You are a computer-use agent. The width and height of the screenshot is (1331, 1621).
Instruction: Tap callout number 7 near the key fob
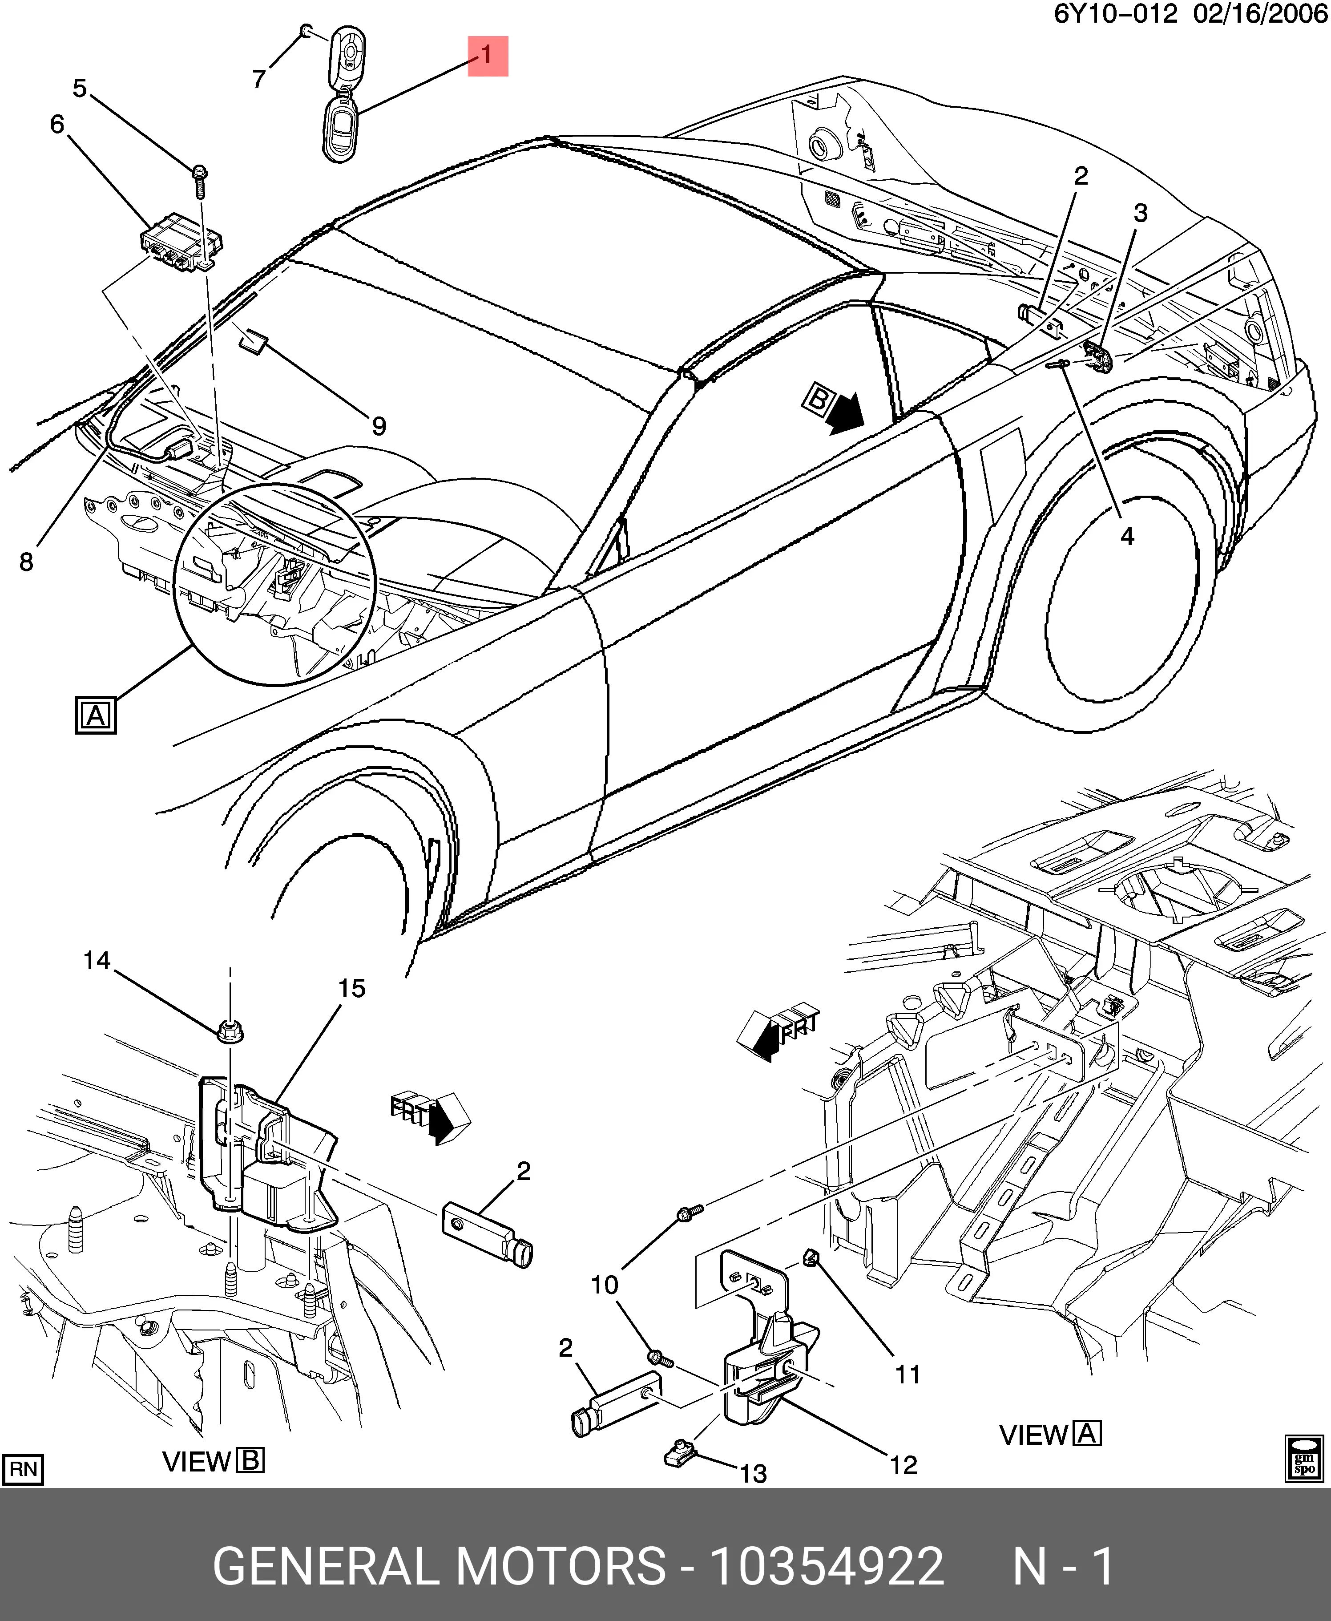(x=259, y=79)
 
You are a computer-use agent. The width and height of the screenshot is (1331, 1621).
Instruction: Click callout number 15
(x=352, y=988)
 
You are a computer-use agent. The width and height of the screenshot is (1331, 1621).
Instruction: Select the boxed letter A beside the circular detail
(x=95, y=716)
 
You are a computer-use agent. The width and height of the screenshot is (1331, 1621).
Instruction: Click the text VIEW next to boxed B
(x=196, y=1462)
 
